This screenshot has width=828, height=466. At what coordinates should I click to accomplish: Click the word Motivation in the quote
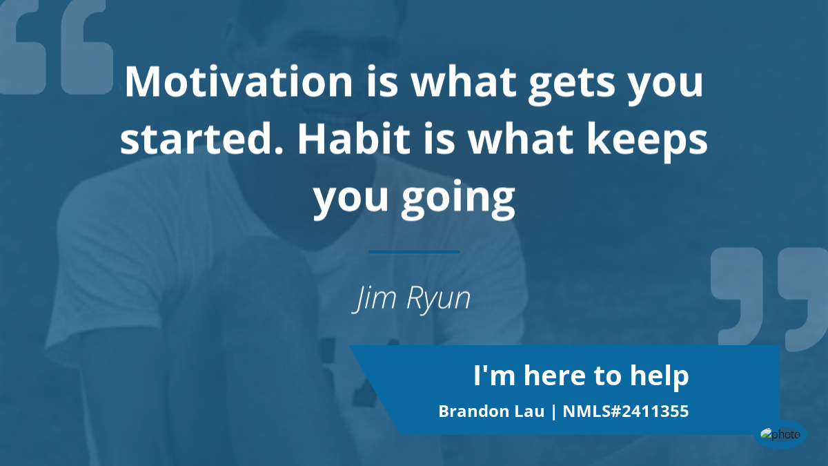coord(239,81)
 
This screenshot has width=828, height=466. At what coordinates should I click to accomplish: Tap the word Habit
coord(354,139)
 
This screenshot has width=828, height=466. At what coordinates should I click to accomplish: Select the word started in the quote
coord(201,139)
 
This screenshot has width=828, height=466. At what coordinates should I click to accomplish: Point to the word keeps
coord(647,142)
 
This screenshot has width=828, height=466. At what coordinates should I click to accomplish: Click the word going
coord(458,200)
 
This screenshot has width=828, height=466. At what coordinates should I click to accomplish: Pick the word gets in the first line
coord(572,86)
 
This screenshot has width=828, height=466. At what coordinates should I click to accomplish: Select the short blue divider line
coord(414,252)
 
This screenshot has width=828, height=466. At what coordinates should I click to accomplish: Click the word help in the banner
coord(660,376)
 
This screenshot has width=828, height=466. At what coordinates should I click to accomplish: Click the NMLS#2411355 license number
coord(625,411)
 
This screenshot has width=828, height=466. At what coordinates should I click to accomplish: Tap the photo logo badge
coord(780,434)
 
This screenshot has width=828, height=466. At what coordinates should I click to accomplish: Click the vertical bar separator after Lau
coord(553,412)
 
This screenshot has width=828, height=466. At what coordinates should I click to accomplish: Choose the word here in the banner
coord(555,376)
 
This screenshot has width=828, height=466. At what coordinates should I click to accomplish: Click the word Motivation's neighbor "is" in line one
coord(382,81)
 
